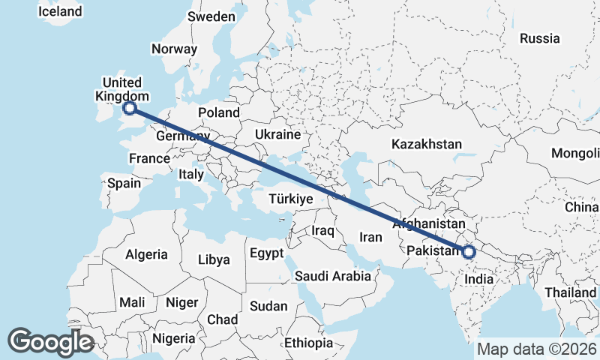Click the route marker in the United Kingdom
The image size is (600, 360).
click(129, 108)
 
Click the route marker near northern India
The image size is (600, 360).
click(469, 252)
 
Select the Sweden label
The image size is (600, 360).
click(211, 16)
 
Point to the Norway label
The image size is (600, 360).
click(174, 49)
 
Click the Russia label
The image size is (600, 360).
click(539, 38)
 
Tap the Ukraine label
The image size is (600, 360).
click(277, 134)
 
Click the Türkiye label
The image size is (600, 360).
click(289, 199)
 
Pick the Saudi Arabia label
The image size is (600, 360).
click(332, 276)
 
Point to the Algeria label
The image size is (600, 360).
click(146, 255)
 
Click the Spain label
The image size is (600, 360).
click(124, 183)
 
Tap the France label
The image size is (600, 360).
click(149, 159)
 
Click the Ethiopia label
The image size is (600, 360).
click(308, 343)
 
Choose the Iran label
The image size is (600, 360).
click(371, 237)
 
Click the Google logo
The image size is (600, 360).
click(50, 341)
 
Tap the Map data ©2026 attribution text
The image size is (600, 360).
click(536, 349)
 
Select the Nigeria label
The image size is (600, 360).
click(174, 338)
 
